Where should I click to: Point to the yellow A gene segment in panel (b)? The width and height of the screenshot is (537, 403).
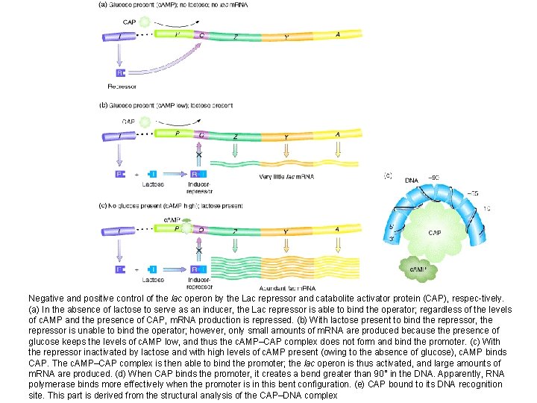(337, 136)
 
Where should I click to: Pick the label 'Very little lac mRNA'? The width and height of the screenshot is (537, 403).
(286, 176)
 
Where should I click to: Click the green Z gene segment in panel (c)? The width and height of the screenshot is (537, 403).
(236, 231)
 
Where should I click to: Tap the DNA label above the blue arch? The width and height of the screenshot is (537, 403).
(411, 180)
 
